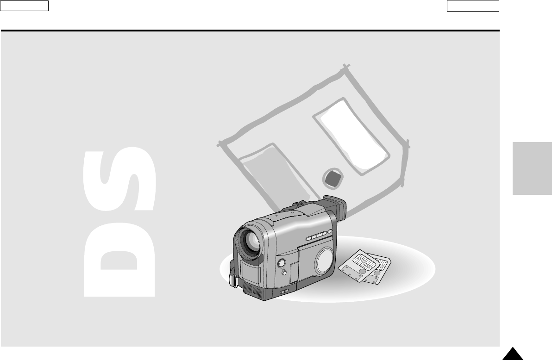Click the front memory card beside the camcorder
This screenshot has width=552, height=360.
358,265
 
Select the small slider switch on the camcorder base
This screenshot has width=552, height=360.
284,291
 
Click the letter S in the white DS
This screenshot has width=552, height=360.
119,180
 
